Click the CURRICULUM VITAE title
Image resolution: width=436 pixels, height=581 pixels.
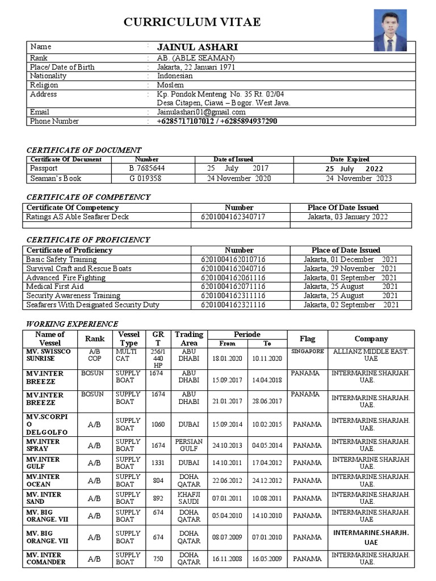(x=192, y=22)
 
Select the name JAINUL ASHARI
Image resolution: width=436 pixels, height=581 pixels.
(x=197, y=47)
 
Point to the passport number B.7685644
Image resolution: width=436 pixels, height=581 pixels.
(x=146, y=169)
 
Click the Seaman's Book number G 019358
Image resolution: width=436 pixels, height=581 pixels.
(x=145, y=178)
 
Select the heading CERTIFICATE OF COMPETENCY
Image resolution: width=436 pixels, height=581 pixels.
(x=89, y=197)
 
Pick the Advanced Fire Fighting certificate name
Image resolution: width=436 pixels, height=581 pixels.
(x=66, y=277)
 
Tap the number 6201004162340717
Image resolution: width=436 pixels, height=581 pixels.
(x=233, y=217)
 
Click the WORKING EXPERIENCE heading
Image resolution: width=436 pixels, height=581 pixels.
(x=72, y=324)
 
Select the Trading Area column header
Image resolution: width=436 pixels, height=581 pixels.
(x=188, y=339)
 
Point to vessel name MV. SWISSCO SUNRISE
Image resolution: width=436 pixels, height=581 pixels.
(x=48, y=355)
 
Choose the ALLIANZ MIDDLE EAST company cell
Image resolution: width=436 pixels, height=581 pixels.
(x=370, y=355)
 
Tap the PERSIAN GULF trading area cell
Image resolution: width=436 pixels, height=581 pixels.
(x=188, y=445)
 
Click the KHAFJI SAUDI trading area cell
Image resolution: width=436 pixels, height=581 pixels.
(x=188, y=498)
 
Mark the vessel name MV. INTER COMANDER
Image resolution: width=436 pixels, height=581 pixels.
(x=45, y=558)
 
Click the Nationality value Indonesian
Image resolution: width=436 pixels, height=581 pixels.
(x=175, y=76)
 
